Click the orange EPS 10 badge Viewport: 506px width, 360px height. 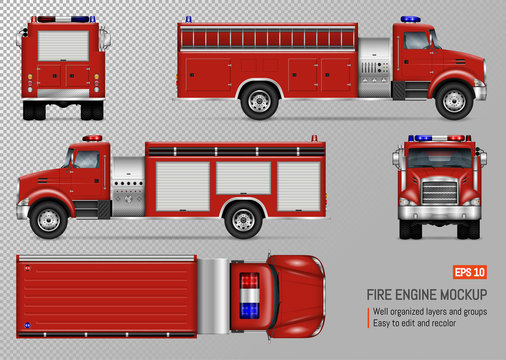pos(471,273)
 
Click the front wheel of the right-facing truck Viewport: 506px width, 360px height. pos(454,99)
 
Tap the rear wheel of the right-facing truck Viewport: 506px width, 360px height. pos(260,99)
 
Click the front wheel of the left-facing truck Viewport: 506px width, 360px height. pos(48,218)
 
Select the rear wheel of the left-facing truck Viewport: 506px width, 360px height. pos(243,218)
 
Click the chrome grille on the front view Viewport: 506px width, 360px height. pos(439,191)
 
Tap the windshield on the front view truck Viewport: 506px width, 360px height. pos(439,159)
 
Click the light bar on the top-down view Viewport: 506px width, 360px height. pos(248,296)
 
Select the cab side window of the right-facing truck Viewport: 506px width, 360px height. pos(416,41)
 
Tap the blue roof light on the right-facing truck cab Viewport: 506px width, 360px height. pos(410,19)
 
